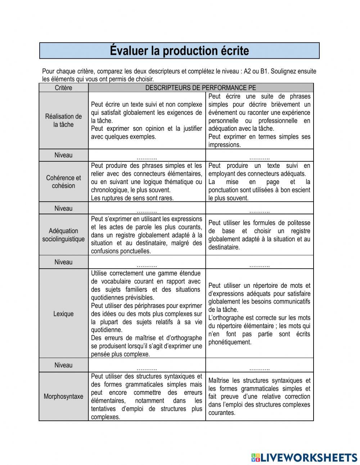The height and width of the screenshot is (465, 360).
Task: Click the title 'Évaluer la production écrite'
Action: pos(179,51)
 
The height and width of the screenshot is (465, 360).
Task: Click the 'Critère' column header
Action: pos(63,88)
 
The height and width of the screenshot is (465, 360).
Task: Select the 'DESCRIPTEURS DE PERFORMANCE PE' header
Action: pos(201,88)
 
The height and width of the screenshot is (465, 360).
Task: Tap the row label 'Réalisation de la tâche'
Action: pos(63,120)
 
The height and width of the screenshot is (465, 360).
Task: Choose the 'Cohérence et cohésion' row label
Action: pos(63,182)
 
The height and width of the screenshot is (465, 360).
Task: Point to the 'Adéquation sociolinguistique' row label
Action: pos(63,235)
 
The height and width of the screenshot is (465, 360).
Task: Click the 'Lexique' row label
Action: pos(63,314)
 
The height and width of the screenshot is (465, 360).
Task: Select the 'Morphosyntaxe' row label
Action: pos(63,397)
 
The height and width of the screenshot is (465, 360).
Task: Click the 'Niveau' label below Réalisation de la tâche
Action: pos(63,155)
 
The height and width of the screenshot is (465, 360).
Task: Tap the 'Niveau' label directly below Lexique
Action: pos(63,365)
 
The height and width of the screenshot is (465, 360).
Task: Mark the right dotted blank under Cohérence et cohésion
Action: pos(259,211)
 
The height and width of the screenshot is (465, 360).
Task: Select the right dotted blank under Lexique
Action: pos(259,368)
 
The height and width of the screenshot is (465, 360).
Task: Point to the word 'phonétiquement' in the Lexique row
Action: pos(230,342)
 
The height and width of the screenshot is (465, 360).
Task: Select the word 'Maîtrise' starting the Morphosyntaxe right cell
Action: pos(219,381)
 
